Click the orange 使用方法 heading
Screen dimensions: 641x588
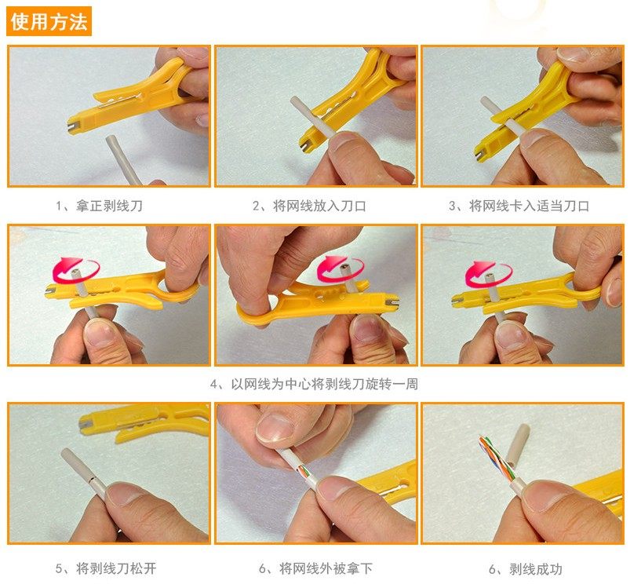49,21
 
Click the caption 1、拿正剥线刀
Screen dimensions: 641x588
100,206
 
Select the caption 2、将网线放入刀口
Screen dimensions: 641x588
309,206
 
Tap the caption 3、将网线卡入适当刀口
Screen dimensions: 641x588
519,206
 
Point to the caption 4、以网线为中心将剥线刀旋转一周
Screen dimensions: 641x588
314,384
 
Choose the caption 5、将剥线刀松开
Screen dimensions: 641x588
106,568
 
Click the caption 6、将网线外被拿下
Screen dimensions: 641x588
315,568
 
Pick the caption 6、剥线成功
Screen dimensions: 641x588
526,569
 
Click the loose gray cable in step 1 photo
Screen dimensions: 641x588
122,159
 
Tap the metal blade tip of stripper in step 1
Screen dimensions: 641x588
72,126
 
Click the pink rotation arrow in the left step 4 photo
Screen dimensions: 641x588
75,270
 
